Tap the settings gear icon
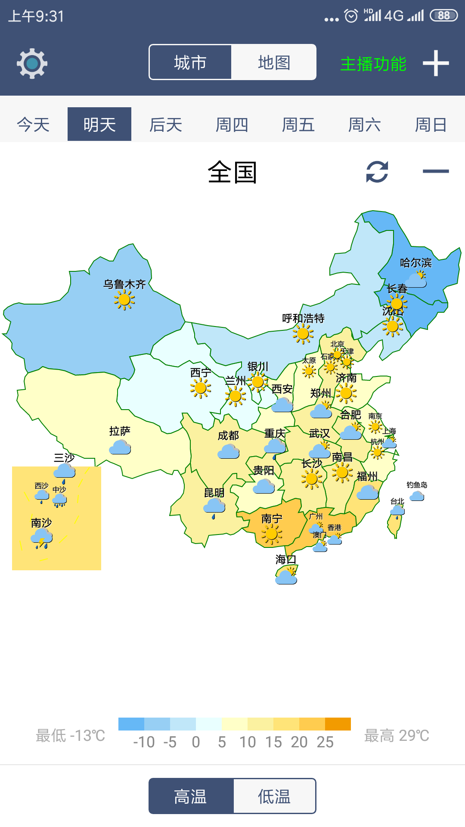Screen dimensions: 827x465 pyautogui.click(x=32, y=63)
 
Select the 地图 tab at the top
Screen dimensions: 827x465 pyautogui.click(x=274, y=62)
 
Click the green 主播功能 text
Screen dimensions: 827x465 pyautogui.click(x=373, y=64)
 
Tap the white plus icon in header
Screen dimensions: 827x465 pyautogui.click(x=436, y=63)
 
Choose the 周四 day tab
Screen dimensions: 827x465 pyautogui.click(x=232, y=124)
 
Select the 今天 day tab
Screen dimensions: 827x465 pyautogui.click(x=33, y=124)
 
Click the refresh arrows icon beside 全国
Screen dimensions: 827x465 pyautogui.click(x=377, y=171)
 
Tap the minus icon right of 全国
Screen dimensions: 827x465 pyautogui.click(x=436, y=171)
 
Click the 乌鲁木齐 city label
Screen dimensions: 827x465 pyautogui.click(x=124, y=284)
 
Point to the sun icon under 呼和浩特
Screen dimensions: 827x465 pyautogui.click(x=303, y=333)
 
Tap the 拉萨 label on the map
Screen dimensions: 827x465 pyautogui.click(x=120, y=431)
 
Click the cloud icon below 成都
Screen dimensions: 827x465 pyautogui.click(x=229, y=451)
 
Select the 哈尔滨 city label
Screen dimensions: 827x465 pyautogui.click(x=415, y=263)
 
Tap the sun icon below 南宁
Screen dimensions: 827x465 pyautogui.click(x=271, y=535)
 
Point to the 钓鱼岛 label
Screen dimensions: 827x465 pyautogui.click(x=417, y=485)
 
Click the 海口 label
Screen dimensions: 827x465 pyautogui.click(x=285, y=560)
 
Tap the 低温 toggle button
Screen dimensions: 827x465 pyautogui.click(x=274, y=796)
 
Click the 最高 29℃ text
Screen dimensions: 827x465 pyautogui.click(x=397, y=736)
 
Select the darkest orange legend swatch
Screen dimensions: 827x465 pyautogui.click(x=338, y=724)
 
